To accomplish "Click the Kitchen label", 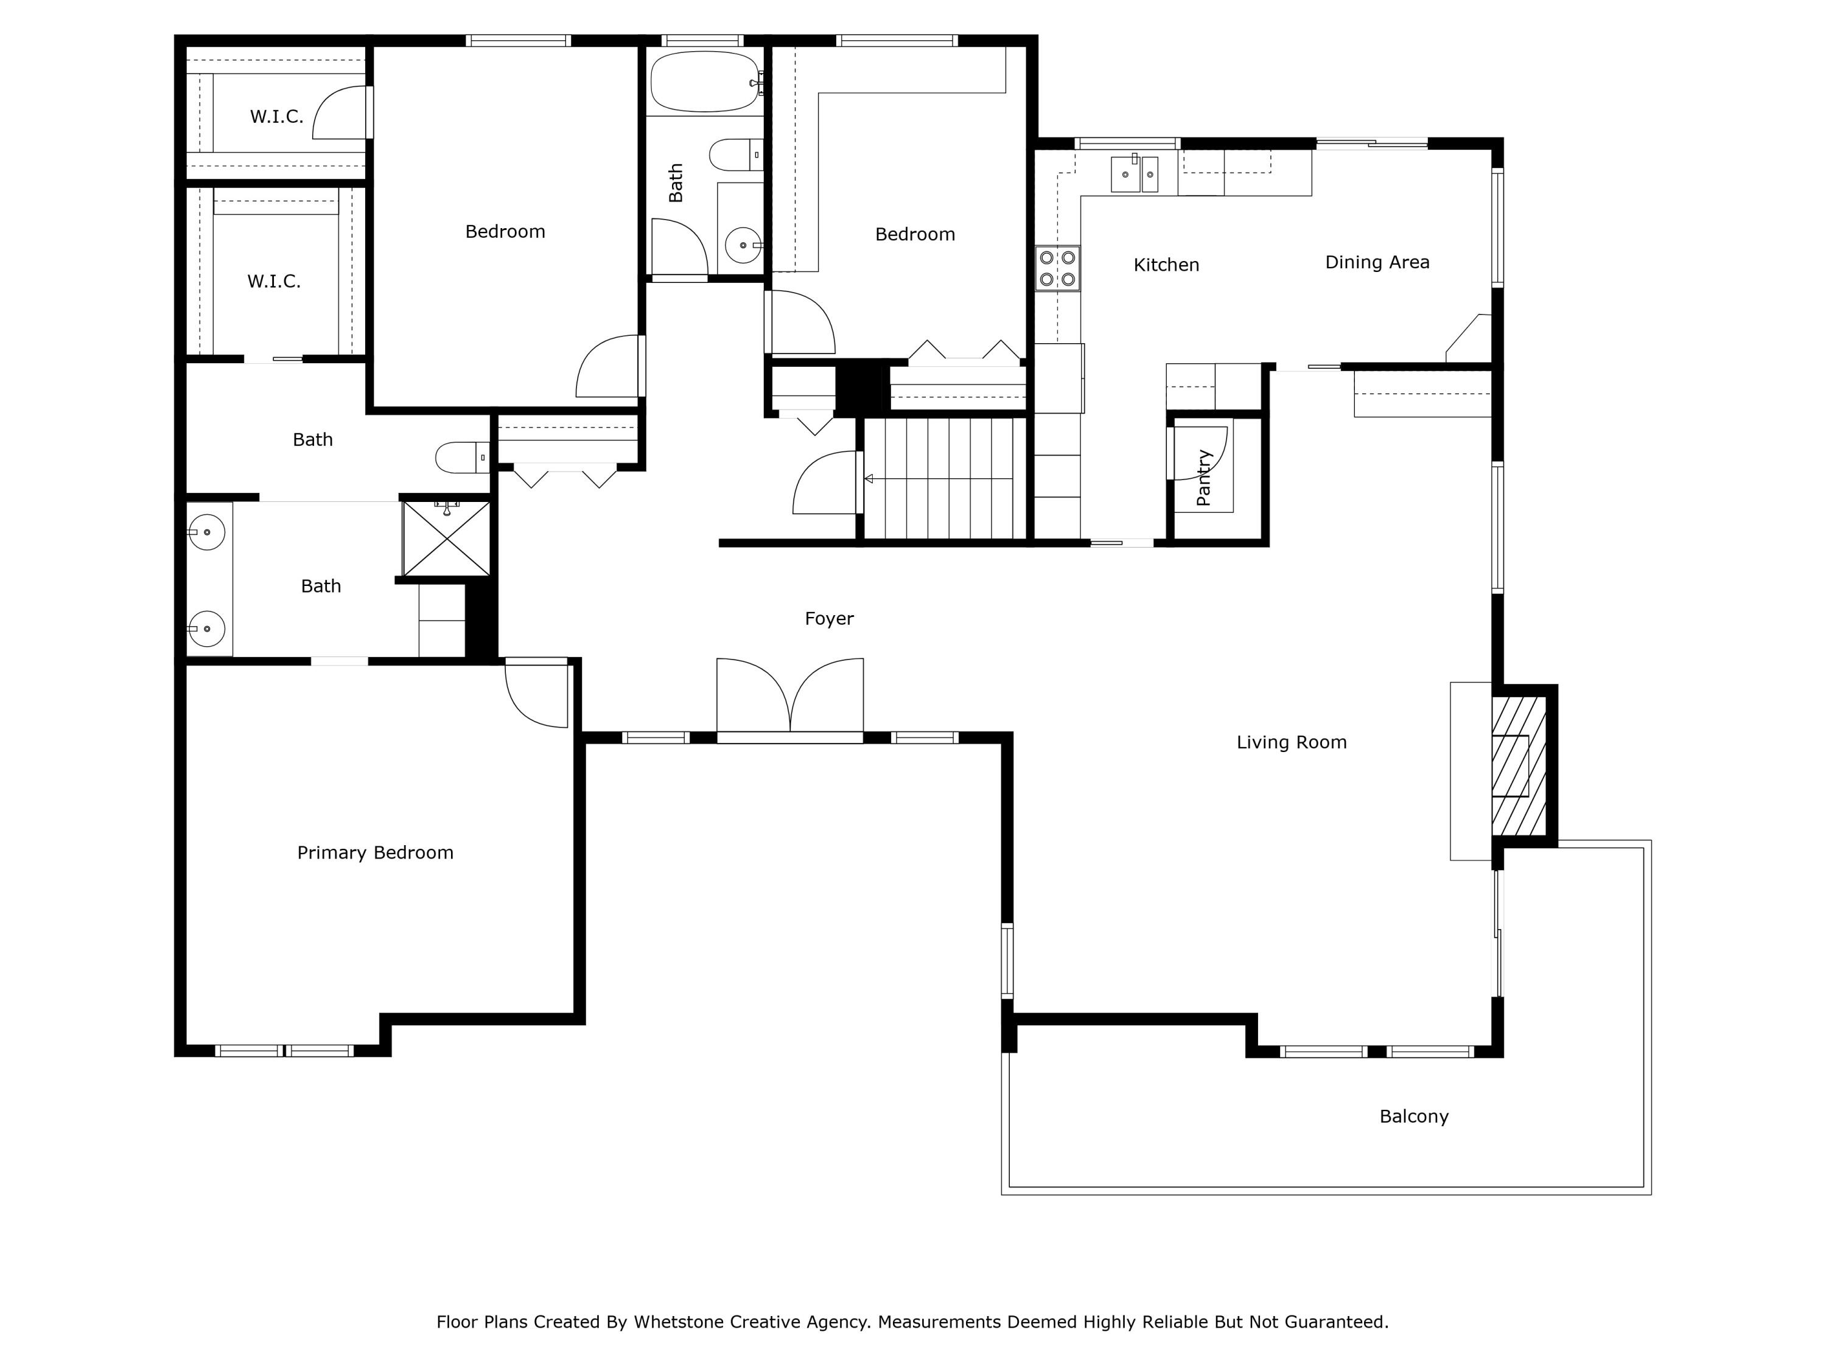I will pyautogui.click(x=1166, y=265).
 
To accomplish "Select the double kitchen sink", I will pyautogui.click(x=1136, y=174).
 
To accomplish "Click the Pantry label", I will pyautogui.click(x=1203, y=478).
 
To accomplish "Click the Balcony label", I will pyautogui.click(x=1413, y=1116).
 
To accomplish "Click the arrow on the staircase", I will pyautogui.click(x=869, y=479).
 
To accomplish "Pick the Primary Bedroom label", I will pyautogui.click(x=375, y=852).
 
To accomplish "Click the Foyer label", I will pyautogui.click(x=829, y=618).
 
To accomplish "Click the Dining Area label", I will pyautogui.click(x=1377, y=262).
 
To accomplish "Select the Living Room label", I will pyautogui.click(x=1291, y=742).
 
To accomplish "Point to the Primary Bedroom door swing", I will pyautogui.click(x=535, y=695).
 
